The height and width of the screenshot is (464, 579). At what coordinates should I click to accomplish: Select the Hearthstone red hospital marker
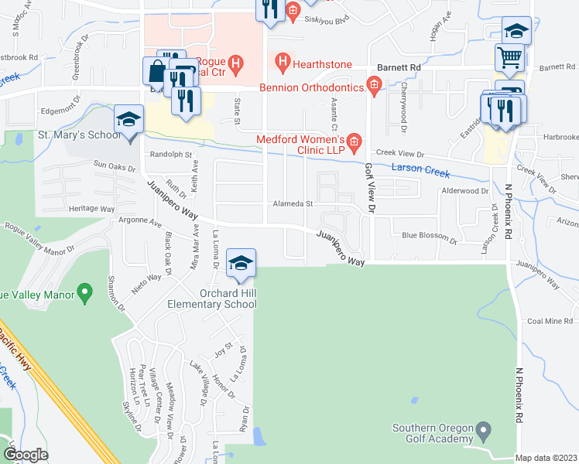[283, 60]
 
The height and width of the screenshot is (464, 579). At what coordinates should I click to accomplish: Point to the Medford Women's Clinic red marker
[354, 140]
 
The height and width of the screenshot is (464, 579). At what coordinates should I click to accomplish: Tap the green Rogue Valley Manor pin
[85, 293]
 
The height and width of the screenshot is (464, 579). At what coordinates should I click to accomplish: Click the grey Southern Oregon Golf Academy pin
[484, 428]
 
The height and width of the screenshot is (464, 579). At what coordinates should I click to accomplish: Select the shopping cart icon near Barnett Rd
[510, 57]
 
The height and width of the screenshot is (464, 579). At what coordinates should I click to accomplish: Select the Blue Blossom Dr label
[426, 235]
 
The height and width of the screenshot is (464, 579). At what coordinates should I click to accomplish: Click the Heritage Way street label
[91, 209]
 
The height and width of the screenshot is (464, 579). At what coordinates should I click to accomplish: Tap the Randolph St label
[170, 155]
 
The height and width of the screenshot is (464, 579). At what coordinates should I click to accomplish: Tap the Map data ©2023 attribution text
[546, 458]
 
